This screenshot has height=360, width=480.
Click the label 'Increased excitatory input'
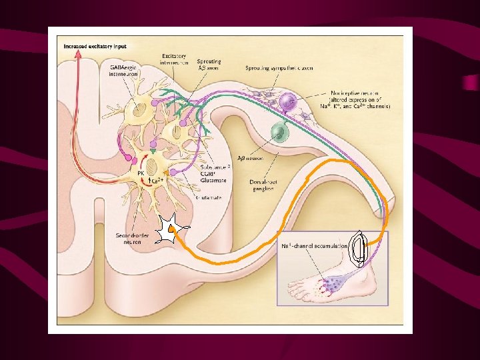(x=94, y=47)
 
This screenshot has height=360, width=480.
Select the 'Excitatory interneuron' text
(x=175, y=59)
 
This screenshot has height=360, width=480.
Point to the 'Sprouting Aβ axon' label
(x=209, y=64)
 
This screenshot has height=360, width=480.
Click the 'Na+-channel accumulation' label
(x=313, y=245)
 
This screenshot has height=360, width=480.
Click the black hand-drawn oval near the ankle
(x=359, y=249)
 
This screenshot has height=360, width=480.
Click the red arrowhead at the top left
(x=79, y=55)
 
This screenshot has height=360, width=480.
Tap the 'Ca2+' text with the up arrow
(x=157, y=181)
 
